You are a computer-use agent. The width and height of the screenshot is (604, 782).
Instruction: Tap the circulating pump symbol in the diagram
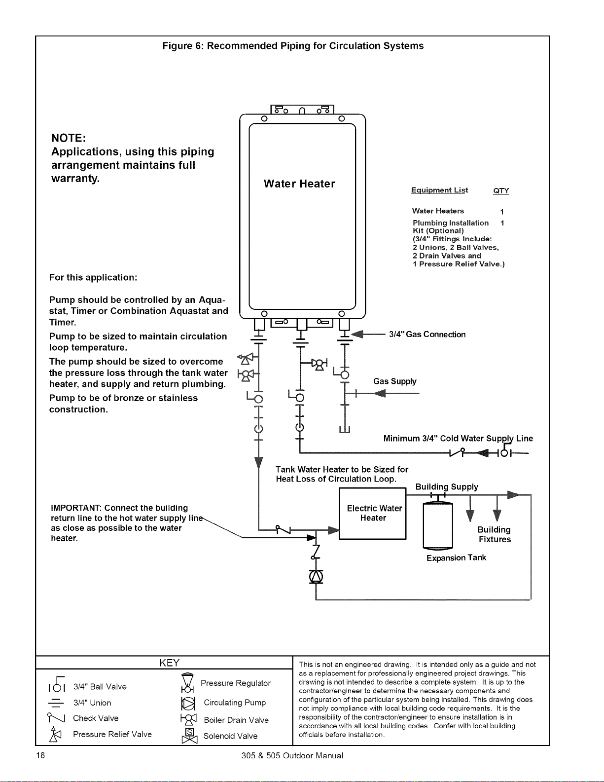click(316, 577)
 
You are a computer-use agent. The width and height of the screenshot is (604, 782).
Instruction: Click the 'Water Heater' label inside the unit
click(299, 184)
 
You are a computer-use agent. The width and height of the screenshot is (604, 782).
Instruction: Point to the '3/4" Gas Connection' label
click(427, 335)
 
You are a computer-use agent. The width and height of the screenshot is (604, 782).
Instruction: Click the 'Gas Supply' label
click(395, 381)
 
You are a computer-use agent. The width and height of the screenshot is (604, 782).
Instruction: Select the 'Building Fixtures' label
click(495, 534)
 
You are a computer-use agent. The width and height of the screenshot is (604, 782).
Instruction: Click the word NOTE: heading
click(69, 138)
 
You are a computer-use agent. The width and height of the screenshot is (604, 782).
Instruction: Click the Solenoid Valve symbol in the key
click(189, 736)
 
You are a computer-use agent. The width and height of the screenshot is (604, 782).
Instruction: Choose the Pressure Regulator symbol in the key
click(188, 683)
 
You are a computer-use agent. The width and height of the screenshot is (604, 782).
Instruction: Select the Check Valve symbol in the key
click(56, 717)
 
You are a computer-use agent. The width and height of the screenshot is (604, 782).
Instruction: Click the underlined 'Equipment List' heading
click(439, 190)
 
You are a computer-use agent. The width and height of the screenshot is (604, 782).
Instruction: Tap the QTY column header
click(501, 191)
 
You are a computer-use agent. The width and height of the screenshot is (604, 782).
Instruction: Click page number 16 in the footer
click(40, 755)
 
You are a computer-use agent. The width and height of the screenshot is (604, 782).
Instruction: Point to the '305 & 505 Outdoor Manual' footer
click(292, 756)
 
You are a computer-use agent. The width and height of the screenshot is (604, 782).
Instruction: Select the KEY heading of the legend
click(169, 663)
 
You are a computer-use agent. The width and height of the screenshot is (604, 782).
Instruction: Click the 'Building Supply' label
click(447, 487)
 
